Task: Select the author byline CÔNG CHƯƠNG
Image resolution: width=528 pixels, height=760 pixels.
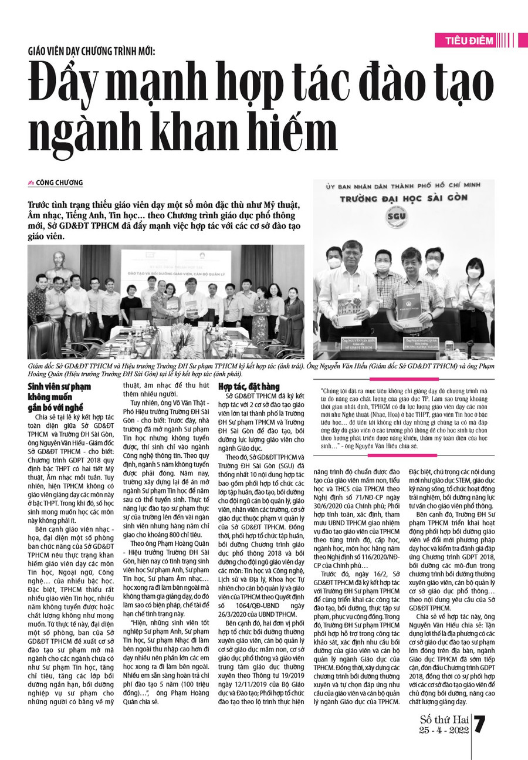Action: (x=59, y=183)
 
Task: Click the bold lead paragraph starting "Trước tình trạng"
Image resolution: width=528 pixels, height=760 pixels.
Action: (x=164, y=221)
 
